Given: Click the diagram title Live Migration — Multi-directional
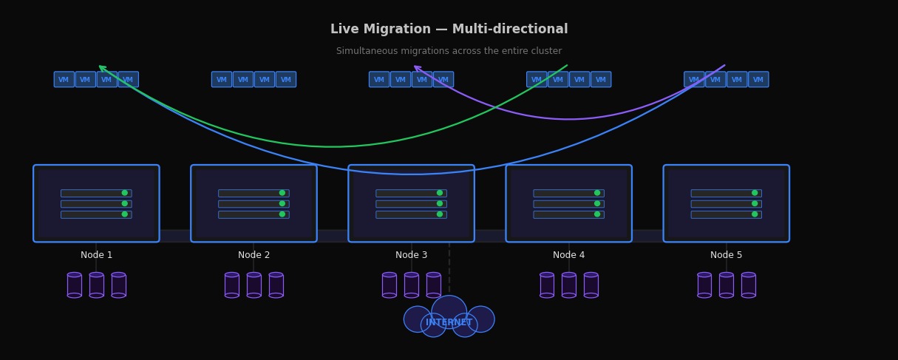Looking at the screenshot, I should pyautogui.click(x=449, y=30).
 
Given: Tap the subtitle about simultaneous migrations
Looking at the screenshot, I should pyautogui.click(x=449, y=52).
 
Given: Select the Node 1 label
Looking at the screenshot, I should pyautogui.click(x=96, y=255).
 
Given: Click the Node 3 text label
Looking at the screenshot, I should pyautogui.click(x=411, y=255).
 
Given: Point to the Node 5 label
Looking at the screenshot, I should pyautogui.click(x=726, y=255).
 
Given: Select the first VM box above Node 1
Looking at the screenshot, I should pyautogui.click(x=64, y=80).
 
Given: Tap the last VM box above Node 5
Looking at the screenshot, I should pyautogui.click(x=758, y=80).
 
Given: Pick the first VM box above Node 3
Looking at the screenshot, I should pyautogui.click(x=379, y=80).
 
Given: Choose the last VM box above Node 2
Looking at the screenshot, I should pyautogui.click(x=286, y=80).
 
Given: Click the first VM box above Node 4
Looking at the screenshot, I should pyautogui.click(x=537, y=80).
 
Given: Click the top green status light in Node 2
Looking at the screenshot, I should pyautogui.click(x=282, y=193).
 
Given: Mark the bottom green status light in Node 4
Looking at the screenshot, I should pyautogui.click(x=597, y=214).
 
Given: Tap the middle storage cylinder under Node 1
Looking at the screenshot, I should pyautogui.click(x=96, y=285).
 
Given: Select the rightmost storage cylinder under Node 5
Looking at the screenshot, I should pyautogui.click(x=748, y=285).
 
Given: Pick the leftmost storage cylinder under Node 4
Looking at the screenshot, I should pyautogui.click(x=547, y=285).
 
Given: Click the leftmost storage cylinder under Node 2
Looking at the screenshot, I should pyautogui.click(x=232, y=285).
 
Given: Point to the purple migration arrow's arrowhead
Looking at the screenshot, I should pyautogui.click(x=418, y=69).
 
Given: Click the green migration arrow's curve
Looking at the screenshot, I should pyautogui.click(x=333, y=146).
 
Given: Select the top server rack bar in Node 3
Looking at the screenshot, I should pyautogui.click(x=411, y=193).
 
